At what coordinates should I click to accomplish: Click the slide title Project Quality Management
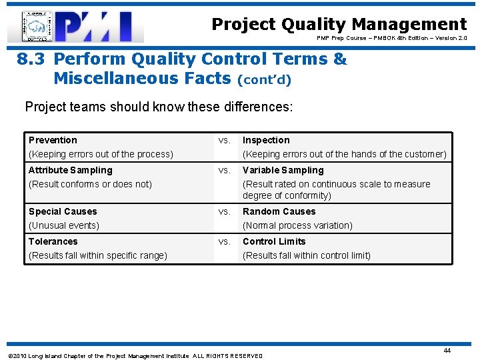[x=339, y=25]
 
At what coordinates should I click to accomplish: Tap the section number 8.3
[x=31, y=59]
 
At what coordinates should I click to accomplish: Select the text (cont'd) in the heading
[x=264, y=79]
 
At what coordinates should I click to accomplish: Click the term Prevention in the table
[x=53, y=140]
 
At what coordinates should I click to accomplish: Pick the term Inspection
[x=266, y=140]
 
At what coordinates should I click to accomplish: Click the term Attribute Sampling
[x=70, y=170]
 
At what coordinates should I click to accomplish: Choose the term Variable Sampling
[x=283, y=170]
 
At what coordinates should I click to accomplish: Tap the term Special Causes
[x=63, y=211]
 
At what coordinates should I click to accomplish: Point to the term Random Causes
[x=279, y=211]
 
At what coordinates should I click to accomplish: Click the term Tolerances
[x=53, y=241]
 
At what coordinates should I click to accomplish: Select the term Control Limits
[x=274, y=241]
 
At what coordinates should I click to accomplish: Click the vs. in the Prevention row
[x=225, y=140]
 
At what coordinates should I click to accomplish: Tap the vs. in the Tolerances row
[x=225, y=241]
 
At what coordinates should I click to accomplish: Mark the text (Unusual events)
[x=64, y=225]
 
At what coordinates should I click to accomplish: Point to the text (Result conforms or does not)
[x=90, y=184]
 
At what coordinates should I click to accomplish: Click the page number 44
[x=447, y=350]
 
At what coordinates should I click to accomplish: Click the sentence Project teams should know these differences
[x=159, y=107]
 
